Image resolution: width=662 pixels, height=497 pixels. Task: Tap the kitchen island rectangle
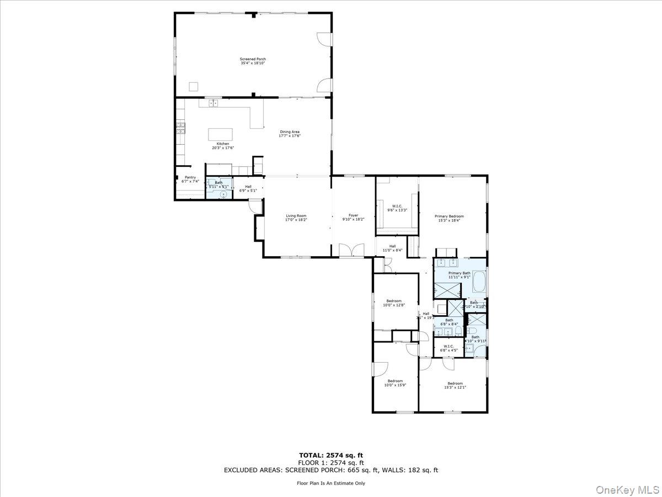pos(220,135)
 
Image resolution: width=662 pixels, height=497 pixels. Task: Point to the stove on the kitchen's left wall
pos(180,128)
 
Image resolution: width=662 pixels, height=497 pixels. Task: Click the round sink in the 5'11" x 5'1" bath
pos(223,194)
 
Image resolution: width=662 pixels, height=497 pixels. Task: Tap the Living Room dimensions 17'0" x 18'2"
pos(296,220)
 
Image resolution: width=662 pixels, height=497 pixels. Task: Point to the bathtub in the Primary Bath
pos(479,282)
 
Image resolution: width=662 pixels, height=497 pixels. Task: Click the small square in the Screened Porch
pos(193,86)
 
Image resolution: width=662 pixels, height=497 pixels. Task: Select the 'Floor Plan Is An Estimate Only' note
pos(330,483)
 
